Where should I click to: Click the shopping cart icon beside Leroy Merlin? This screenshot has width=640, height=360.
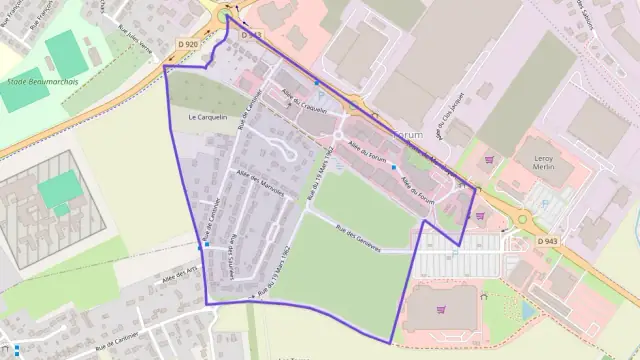tap(489, 159)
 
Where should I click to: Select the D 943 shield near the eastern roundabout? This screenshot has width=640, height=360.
tap(546, 241)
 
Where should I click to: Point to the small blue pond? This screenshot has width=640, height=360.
tap(528, 311)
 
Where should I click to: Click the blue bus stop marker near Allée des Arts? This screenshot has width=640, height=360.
tap(206, 245)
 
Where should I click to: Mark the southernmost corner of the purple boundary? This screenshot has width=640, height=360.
tap(390, 344)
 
